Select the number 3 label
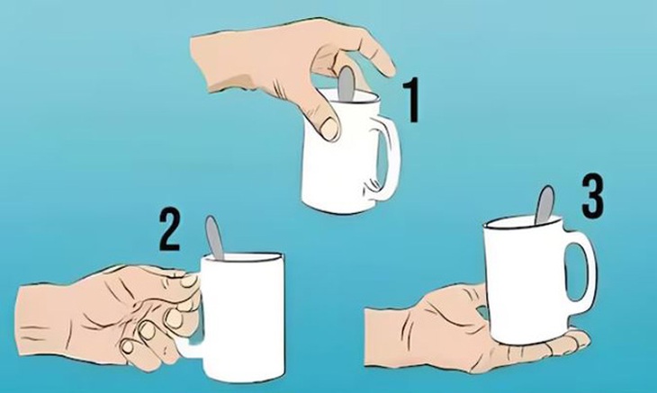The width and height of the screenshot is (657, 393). pyautogui.click(x=591, y=197)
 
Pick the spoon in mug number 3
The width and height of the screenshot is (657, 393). pyautogui.click(x=544, y=204)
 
